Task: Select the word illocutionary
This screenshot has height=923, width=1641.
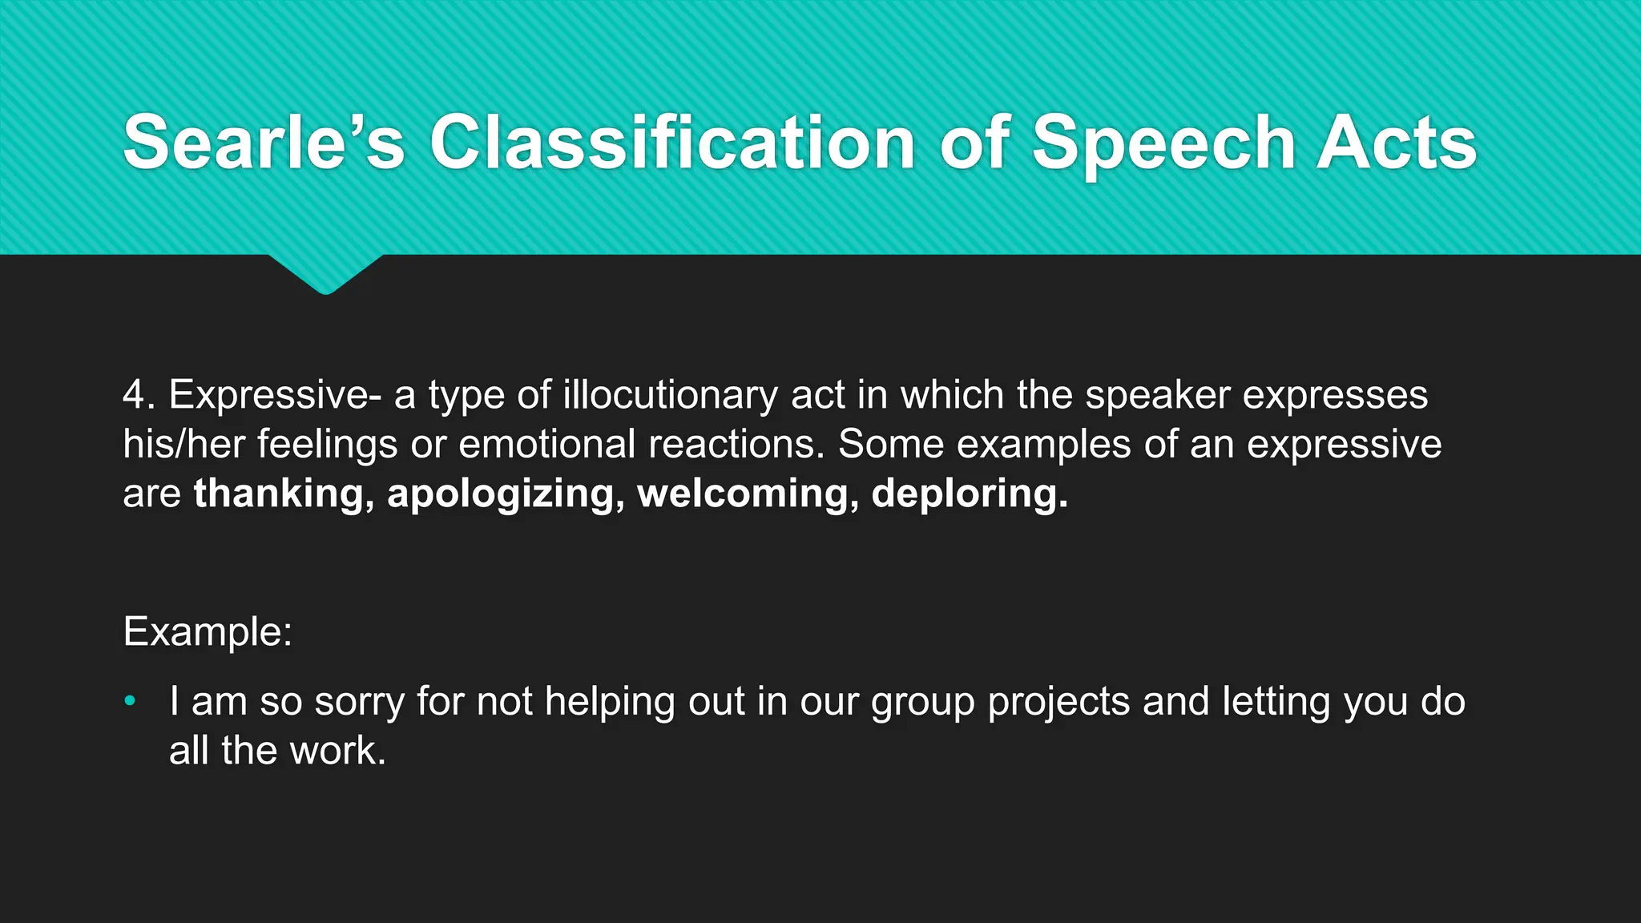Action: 670,395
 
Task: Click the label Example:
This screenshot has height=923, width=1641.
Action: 208,631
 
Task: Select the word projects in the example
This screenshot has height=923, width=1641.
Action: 1058,702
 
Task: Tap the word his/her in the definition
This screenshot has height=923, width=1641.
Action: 183,444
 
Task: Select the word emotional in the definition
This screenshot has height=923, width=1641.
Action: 546,444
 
